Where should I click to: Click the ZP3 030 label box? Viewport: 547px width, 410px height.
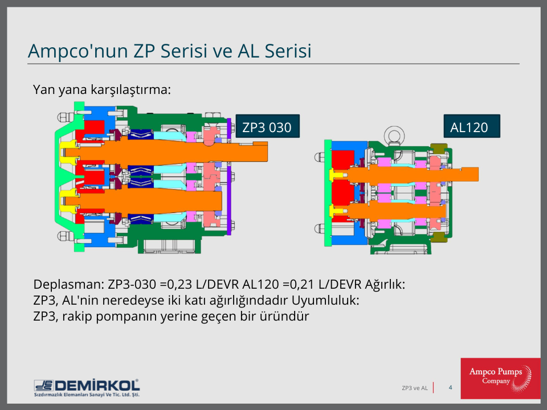(267, 127)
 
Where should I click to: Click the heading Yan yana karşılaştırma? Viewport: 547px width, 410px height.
(102, 90)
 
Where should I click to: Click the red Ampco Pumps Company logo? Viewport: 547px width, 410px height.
(500, 378)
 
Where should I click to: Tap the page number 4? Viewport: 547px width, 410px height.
(450, 388)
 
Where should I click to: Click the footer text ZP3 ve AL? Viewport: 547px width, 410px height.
(414, 388)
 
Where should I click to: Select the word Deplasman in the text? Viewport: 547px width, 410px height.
(64, 284)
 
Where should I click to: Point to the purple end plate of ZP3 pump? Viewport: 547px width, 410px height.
(229, 177)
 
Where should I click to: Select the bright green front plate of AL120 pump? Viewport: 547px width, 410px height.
(327, 194)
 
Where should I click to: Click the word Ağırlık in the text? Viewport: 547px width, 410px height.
(382, 284)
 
